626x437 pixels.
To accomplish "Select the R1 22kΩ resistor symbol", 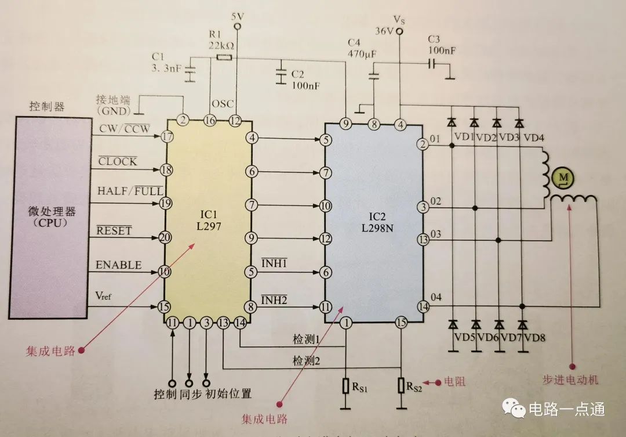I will pyautogui.click(x=224, y=57).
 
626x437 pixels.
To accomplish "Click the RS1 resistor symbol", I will pyautogui.click(x=345, y=385).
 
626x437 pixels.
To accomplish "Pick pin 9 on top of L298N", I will pyautogui.click(x=346, y=123).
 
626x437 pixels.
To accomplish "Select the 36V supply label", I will pyautogui.click(x=385, y=31).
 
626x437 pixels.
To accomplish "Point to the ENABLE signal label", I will pyautogui.click(x=118, y=265).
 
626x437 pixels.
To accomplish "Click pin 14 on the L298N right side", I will pyautogui.click(x=424, y=306).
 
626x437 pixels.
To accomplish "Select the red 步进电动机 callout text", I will pyautogui.click(x=570, y=380).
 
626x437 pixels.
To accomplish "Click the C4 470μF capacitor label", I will pyautogui.click(x=362, y=49).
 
